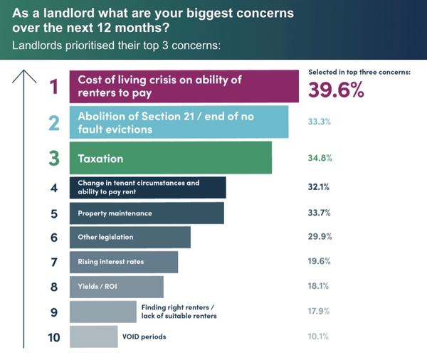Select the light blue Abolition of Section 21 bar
pyautogui.click(x=179, y=122)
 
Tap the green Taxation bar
pyautogui.click(x=170, y=157)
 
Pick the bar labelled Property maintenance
pyautogui.click(x=147, y=213)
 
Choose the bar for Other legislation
pyautogui.click(x=130, y=237)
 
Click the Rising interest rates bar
pyautogui.click(x=123, y=262)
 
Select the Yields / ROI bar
pyautogui.click(x=116, y=287)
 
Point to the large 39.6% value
pyautogui.click(x=337, y=90)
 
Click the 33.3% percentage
pyautogui.click(x=319, y=122)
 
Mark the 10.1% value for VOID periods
pyautogui.click(x=319, y=337)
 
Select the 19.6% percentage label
pyautogui.click(x=319, y=262)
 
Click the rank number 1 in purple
pyautogui.click(x=53, y=88)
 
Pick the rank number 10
pyautogui.click(x=53, y=337)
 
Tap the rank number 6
pyautogui.click(x=53, y=237)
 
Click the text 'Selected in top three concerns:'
pyautogui.click(x=359, y=73)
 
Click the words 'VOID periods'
pyautogui.click(x=144, y=337)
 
